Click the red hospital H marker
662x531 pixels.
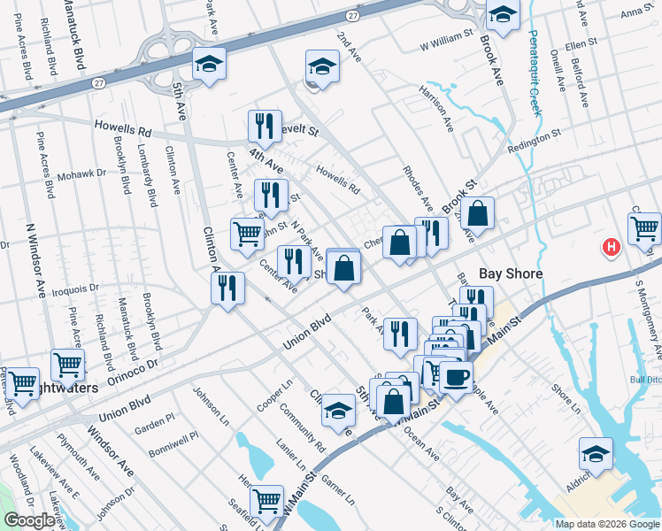pos(611,248)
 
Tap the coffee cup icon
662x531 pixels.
pos(456,377)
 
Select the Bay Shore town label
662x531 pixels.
pos(510,274)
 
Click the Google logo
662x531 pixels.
pos(29,521)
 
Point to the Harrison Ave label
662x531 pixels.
pos(435,110)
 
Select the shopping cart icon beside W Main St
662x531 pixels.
pos(266,501)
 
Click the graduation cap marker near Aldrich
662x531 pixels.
pos(597,453)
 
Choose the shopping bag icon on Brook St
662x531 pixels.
pos(477,214)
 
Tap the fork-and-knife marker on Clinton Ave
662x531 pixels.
pos(228,288)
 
